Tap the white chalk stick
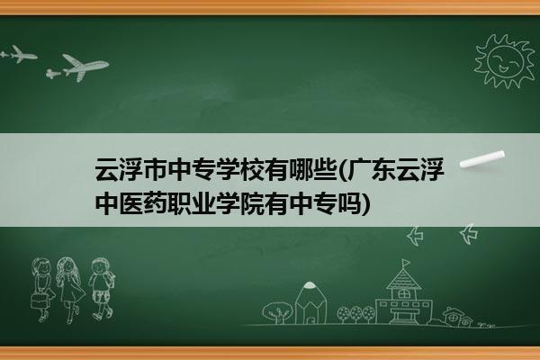coord(482,159)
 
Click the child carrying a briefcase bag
coord(42,290)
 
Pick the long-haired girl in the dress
coord(70,289)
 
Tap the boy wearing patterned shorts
coord(102,288)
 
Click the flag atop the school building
coord(407,263)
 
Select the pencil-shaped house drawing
coord(310,302)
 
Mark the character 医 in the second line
coord(131,203)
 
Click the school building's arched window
coord(403,294)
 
